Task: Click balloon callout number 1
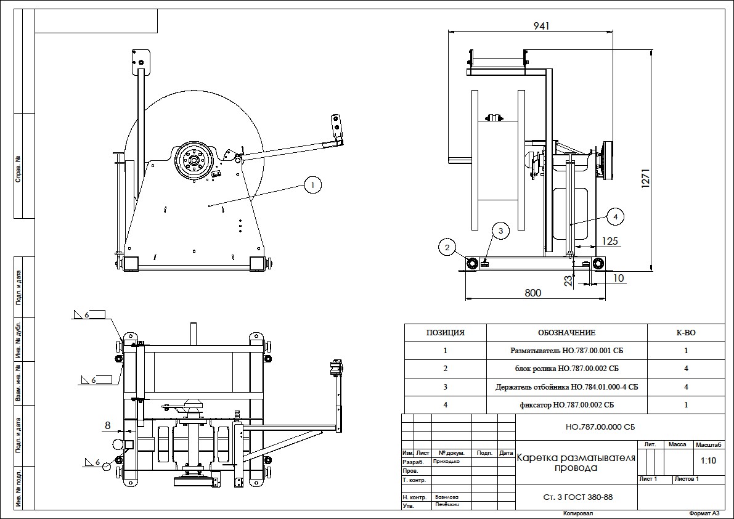[x=313, y=184]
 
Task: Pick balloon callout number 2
[x=448, y=248]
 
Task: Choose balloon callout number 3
[x=500, y=231]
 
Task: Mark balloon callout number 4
[x=614, y=216]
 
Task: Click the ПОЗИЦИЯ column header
[x=445, y=333]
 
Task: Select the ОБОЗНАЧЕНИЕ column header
[x=566, y=333]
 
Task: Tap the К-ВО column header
[x=686, y=333]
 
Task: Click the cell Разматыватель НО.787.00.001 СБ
[x=566, y=351]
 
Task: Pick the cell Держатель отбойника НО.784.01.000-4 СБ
[x=566, y=387]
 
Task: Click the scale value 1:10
[x=708, y=460]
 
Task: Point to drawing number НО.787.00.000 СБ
[x=574, y=427]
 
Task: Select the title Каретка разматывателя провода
[x=574, y=463]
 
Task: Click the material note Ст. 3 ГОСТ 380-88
[x=574, y=497]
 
